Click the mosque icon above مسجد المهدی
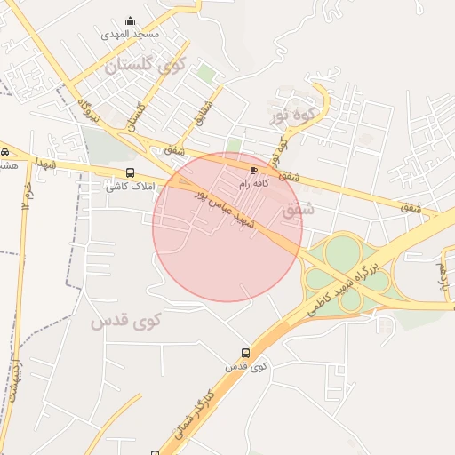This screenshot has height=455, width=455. click(131, 21)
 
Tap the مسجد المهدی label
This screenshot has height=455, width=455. click(130, 34)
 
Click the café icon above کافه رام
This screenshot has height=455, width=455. click(255, 169)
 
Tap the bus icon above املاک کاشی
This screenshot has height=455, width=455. click(131, 172)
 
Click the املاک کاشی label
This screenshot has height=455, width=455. click(131, 186)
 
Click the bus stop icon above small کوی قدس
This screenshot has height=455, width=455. click(246, 353)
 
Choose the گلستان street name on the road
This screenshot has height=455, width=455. click(136, 116)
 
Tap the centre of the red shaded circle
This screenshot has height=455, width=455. click(227, 227)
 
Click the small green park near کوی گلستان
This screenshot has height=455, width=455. click(205, 75)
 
